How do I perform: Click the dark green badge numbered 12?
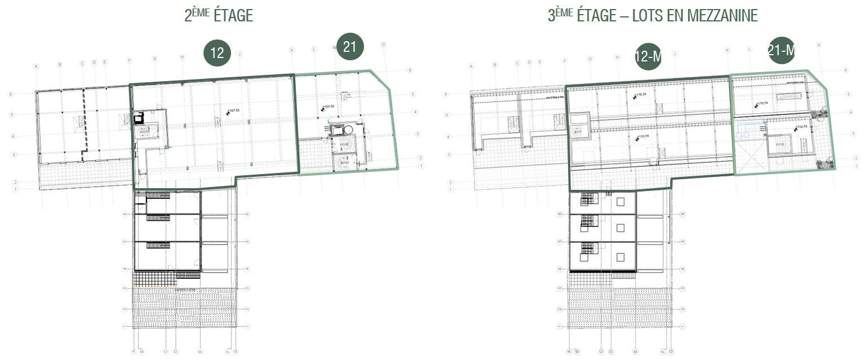(x=218, y=53)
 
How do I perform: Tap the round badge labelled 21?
(x=349, y=46)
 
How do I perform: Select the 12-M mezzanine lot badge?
(x=648, y=56)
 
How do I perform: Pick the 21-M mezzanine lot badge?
(x=781, y=50)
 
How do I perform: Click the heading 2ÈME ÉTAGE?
(x=219, y=15)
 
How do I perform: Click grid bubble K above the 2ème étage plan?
(x=292, y=51)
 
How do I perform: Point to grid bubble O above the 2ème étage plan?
(x=383, y=45)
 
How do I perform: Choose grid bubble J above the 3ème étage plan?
(x=674, y=54)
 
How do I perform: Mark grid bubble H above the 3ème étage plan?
(x=618, y=57)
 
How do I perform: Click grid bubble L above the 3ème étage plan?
(x=749, y=49)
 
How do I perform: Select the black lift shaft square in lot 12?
(x=139, y=119)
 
